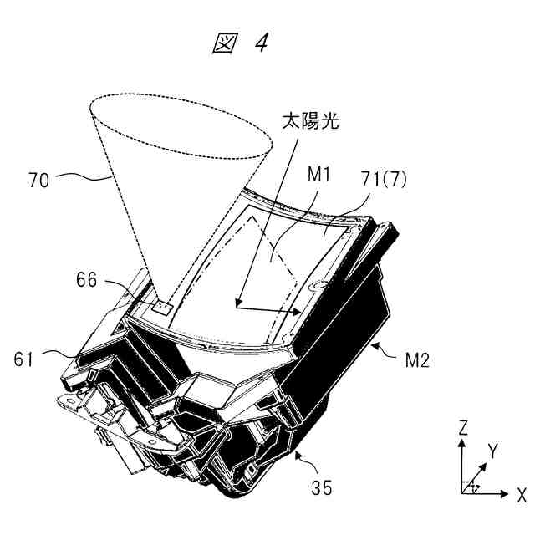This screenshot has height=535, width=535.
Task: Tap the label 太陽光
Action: [308, 121]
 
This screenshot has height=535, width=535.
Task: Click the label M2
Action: [411, 362]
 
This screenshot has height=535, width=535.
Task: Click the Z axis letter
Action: [462, 428]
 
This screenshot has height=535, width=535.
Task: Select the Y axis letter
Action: [492, 451]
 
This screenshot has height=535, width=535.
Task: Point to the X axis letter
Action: [520, 494]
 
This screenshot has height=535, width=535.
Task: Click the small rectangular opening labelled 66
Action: [164, 306]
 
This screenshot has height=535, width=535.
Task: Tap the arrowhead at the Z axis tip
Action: [462, 442]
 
